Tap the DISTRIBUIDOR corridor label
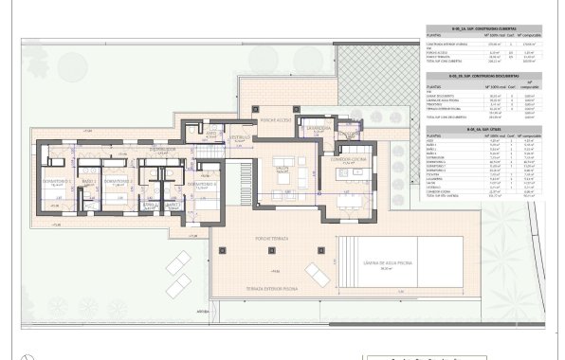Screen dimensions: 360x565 pyautogui.click(x=164, y=149)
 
